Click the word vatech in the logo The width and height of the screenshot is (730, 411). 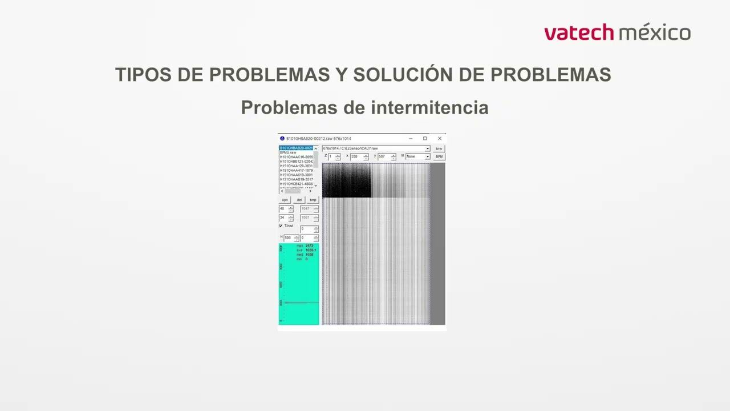tap(579, 33)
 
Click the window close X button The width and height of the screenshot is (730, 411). tap(439, 138)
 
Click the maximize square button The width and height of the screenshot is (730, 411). tap(425, 138)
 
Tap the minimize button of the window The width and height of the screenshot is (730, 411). tap(411, 138)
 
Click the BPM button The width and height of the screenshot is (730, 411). tap(439, 156)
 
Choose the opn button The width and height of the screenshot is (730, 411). tap(285, 200)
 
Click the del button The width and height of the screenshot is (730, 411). tap(299, 200)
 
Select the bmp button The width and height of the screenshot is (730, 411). tap(313, 200)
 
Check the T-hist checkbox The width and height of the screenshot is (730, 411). tap(281, 225)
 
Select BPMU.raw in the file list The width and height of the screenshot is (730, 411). tap(288, 152)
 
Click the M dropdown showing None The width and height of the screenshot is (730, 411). tap(418, 156)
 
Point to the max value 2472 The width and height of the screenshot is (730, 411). tap(310, 245)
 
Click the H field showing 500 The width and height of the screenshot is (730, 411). tap(289, 237)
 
